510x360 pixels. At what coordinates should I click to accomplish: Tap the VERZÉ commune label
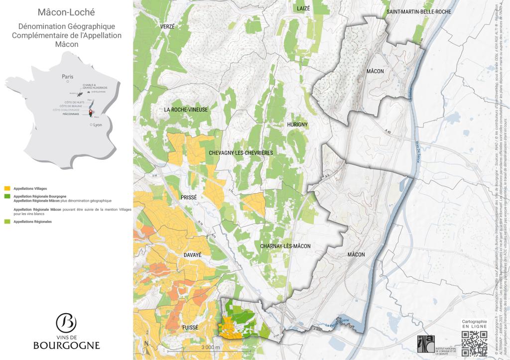point(167,26)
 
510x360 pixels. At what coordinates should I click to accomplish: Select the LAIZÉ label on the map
point(303,8)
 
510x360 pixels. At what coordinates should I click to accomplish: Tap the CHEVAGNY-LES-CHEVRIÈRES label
point(241,152)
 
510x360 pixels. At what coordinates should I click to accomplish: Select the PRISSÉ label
point(189,197)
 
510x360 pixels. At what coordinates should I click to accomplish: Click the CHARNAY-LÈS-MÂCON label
point(285,246)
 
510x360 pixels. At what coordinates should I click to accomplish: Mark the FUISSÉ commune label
point(190,328)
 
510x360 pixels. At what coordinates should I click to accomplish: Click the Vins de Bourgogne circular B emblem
point(66,323)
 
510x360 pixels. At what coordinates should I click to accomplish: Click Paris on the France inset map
point(67,77)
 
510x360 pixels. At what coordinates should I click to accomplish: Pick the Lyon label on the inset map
point(97,125)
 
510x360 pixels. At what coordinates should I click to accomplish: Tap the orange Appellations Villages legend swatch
point(7,189)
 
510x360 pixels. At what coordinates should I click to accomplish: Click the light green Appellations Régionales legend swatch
point(7,221)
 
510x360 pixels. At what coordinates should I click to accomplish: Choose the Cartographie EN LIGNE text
point(474,324)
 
